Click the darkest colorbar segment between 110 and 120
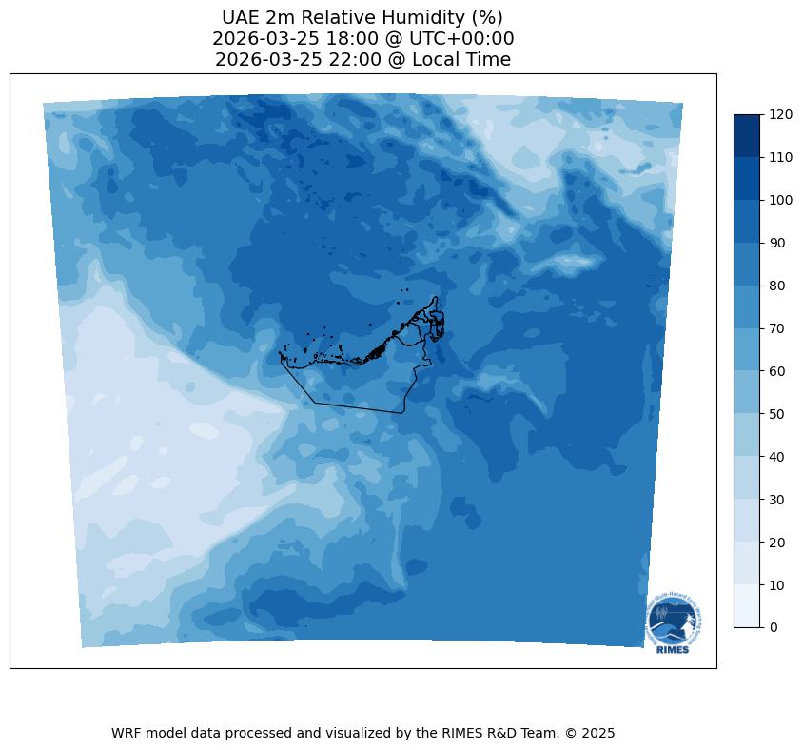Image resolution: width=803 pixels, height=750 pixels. pyautogui.click(x=748, y=136)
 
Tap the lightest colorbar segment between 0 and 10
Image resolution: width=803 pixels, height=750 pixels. pyautogui.click(x=748, y=606)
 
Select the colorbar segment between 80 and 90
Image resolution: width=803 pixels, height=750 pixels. pyautogui.click(x=748, y=265)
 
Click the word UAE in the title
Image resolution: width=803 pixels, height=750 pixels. pyautogui.click(x=241, y=18)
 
